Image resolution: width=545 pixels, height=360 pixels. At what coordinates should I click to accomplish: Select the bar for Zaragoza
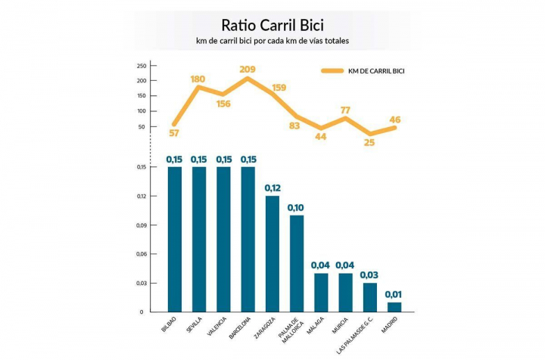pyautogui.click(x=272, y=253)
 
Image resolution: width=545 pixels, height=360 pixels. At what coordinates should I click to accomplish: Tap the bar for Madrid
pyautogui.click(x=394, y=306)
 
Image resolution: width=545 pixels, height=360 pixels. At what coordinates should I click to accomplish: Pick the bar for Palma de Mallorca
pyautogui.click(x=296, y=262)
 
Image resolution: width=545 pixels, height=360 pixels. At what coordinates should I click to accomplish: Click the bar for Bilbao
pyautogui.click(x=174, y=238)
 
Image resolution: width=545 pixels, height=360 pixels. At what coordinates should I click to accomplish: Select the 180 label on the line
pyautogui.click(x=199, y=79)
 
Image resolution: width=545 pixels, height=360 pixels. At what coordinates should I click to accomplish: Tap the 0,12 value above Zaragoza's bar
pyautogui.click(x=272, y=188)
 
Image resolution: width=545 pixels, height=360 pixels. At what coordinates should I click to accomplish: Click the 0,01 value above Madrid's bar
pyautogui.click(x=394, y=294)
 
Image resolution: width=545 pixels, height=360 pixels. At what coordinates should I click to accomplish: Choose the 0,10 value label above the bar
pyautogui.click(x=296, y=207)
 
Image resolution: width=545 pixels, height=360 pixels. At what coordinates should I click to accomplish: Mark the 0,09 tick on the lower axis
pyautogui.click(x=141, y=225)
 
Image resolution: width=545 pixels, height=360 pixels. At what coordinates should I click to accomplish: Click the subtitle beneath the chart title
pyautogui.click(x=272, y=39)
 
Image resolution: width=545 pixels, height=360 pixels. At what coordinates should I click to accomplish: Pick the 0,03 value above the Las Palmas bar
pyautogui.click(x=369, y=275)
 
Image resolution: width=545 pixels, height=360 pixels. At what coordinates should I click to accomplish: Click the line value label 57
pyautogui.click(x=174, y=133)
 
